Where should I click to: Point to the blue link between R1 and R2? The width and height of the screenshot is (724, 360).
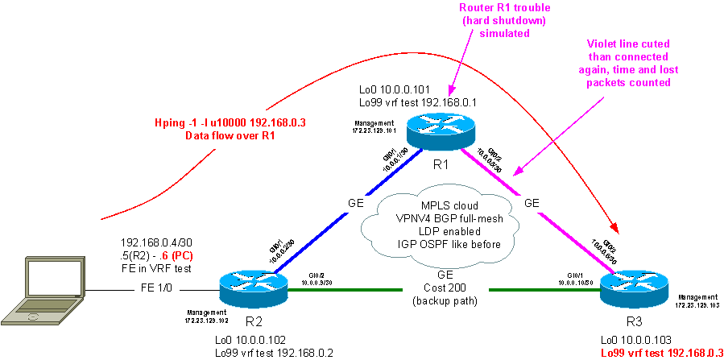(x=338, y=217)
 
